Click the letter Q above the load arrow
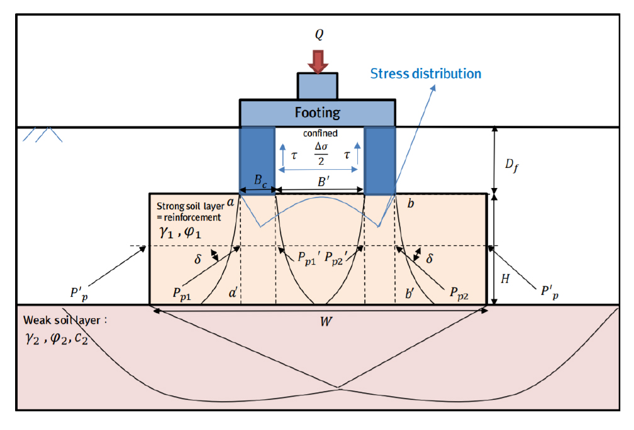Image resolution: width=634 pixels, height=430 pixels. click(x=319, y=35)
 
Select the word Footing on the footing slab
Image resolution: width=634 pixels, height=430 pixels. click(x=318, y=113)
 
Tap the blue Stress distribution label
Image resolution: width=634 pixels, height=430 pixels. click(x=425, y=74)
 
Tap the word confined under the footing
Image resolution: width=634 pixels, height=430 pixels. click(x=320, y=134)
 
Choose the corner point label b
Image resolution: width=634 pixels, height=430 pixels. click(x=411, y=204)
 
